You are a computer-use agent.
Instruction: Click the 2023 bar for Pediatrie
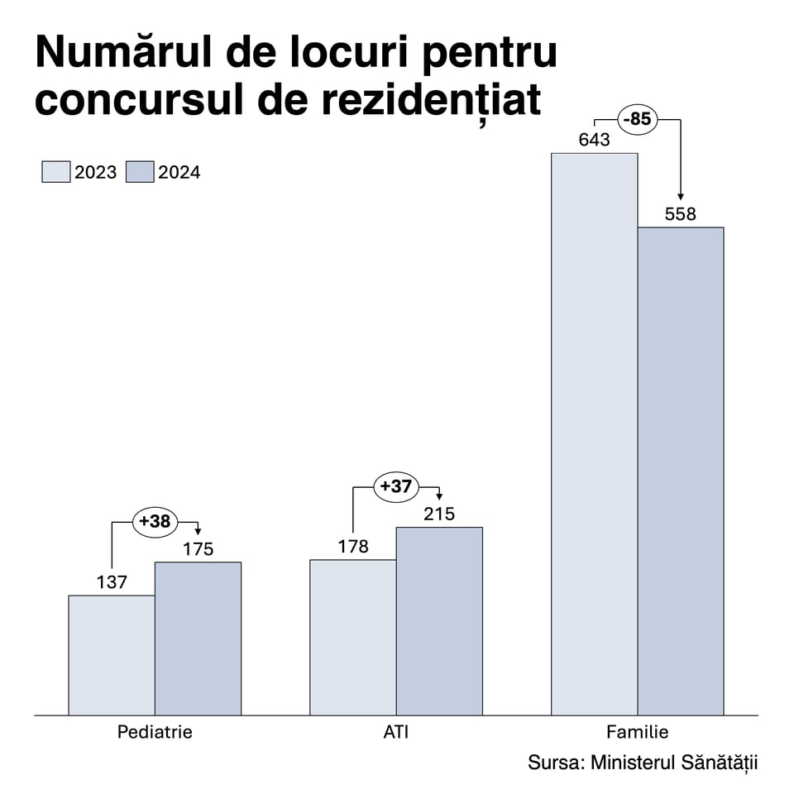pyautogui.click(x=112, y=655)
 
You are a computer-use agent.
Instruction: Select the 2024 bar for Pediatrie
pyautogui.click(x=198, y=639)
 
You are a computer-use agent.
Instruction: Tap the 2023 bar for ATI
pyautogui.click(x=353, y=637)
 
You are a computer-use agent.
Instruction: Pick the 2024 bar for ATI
pyautogui.click(x=439, y=620)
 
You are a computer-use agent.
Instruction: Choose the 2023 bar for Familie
pyautogui.click(x=595, y=433)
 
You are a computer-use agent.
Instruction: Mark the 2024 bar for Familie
pyautogui.click(x=681, y=471)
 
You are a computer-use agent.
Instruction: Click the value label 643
pyautogui.click(x=595, y=140)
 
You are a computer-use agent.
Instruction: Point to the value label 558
pyautogui.click(x=681, y=214)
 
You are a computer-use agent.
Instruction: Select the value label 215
pyautogui.click(x=439, y=514)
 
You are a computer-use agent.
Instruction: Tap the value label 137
pyautogui.click(x=112, y=582)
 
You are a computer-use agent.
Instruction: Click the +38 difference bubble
pyautogui.click(x=155, y=522)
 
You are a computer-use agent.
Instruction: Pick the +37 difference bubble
pyautogui.click(x=396, y=486)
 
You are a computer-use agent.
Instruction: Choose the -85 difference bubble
pyautogui.click(x=638, y=119)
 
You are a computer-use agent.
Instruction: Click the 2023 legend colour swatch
pyautogui.click(x=55, y=172)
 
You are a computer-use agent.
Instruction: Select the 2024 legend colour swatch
pyautogui.click(x=140, y=172)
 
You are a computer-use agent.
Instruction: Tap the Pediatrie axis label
pyautogui.click(x=155, y=732)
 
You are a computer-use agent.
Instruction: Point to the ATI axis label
pyautogui.click(x=396, y=732)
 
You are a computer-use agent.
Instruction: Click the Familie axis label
pyautogui.click(x=638, y=732)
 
